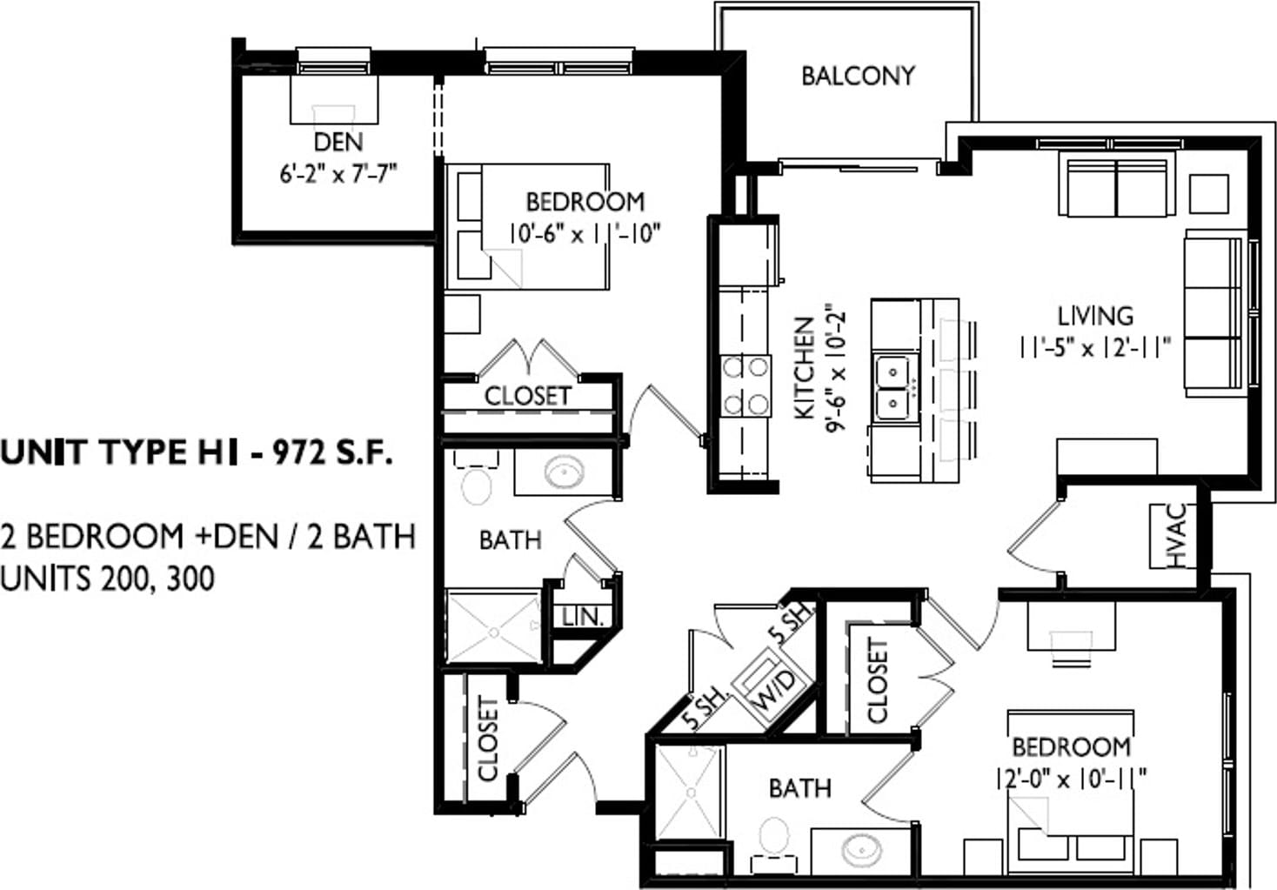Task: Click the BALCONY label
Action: pos(858,76)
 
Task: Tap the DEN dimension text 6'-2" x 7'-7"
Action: pos(338,173)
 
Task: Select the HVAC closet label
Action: pos(1176,536)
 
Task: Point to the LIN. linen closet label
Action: pos(583,616)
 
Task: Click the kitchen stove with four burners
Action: pos(745,386)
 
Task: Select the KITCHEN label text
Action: pos(805,368)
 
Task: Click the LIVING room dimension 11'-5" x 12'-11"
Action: pos(1095,347)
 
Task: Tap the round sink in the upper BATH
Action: pos(565,472)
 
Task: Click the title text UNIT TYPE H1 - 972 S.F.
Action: pos(197,453)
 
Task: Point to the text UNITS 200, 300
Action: pos(107,579)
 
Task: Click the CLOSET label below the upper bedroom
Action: pos(527,396)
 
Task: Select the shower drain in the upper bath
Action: pos(494,632)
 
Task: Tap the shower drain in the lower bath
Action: pos(691,793)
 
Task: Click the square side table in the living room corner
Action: pos(1208,194)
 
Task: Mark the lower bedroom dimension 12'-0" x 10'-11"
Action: pos(1071,779)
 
